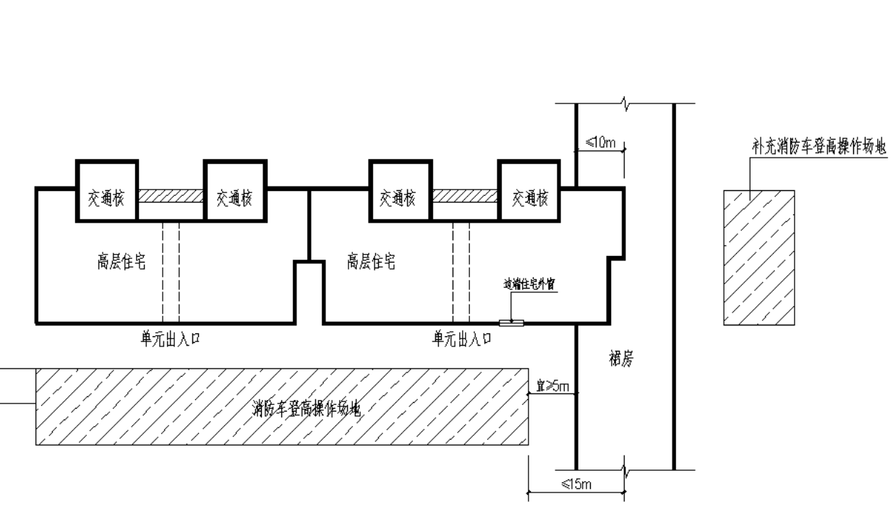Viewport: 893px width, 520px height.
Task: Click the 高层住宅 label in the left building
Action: coord(121,262)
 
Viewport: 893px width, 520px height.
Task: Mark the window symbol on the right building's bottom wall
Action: coord(511,323)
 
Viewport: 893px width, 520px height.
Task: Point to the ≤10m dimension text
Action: coord(600,142)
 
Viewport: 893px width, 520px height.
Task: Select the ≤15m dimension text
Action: coord(578,484)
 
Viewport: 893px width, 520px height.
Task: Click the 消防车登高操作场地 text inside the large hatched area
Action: coord(312,410)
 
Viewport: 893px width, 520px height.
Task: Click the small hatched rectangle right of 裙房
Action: coord(759,257)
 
